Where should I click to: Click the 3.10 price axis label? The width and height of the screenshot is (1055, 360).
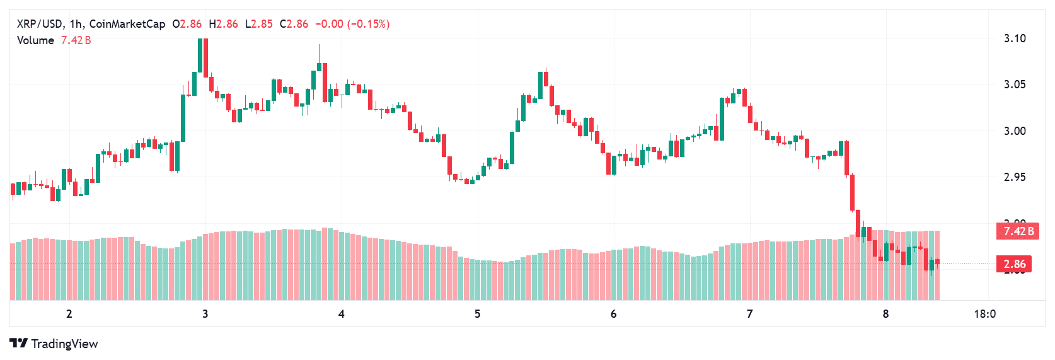coord(1014,38)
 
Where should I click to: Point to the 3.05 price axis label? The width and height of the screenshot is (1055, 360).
coord(1014,84)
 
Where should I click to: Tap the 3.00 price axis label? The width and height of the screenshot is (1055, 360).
coord(1014,131)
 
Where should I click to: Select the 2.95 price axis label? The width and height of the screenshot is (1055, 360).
coord(1014,177)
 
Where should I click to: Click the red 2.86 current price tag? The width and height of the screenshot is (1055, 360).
coord(1014,264)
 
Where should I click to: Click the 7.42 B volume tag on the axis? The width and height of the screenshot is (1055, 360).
coord(1018,231)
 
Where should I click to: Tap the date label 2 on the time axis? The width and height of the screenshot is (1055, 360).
coord(69,314)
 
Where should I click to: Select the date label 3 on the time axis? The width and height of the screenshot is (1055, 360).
coord(205,314)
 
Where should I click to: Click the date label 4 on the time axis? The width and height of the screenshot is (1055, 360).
coord(342,314)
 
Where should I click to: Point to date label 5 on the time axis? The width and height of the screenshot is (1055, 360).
coord(478,314)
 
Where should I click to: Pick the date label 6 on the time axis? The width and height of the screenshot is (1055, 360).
coord(614,314)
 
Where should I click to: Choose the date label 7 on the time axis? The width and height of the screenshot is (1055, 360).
coord(750,314)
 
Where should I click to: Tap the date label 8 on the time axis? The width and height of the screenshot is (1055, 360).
coord(885,314)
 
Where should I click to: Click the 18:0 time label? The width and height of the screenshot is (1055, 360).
coord(985,314)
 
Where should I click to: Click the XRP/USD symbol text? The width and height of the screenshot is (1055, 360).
coord(40,24)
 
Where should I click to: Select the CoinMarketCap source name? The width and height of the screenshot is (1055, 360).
coord(127,24)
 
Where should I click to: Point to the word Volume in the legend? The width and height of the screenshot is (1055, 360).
coord(35,40)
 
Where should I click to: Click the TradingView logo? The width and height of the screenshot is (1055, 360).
coord(54,344)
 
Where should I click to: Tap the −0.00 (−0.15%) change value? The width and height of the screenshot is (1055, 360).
coord(352,24)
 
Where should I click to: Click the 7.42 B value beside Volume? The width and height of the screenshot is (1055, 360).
coord(76,40)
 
